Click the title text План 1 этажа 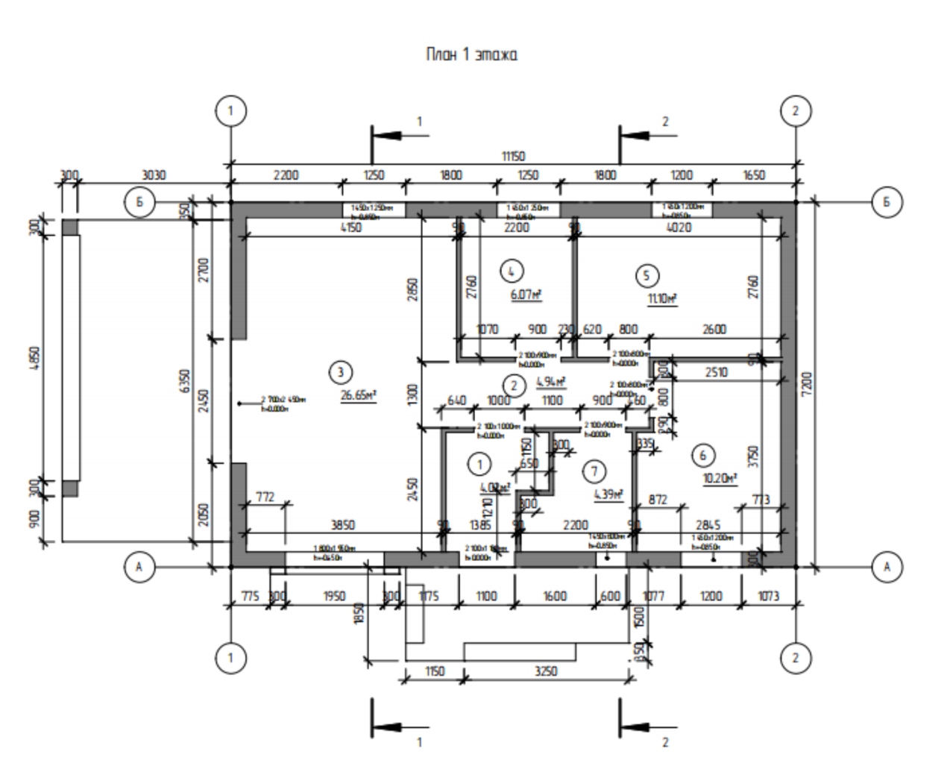(471, 54)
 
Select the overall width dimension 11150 (513, 157)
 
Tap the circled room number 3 (340, 371)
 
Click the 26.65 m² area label (359, 395)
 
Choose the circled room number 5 (646, 276)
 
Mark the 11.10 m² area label (662, 299)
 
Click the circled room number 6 (702, 453)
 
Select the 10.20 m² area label (721, 478)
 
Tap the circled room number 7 (594, 471)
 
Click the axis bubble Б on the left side (139, 202)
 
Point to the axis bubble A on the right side (887, 568)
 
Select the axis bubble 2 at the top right (795, 111)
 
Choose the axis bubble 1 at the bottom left (230, 658)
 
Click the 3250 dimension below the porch (547, 671)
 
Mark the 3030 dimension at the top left (153, 176)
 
